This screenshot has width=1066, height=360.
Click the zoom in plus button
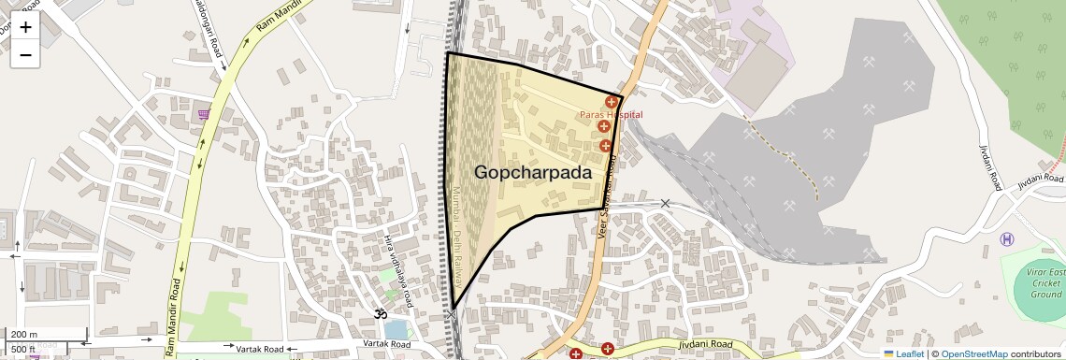click(25, 27)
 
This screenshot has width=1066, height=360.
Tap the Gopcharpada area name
click(533, 173)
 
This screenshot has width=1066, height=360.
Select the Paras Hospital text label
click(611, 114)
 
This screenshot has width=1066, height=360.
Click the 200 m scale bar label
click(25, 335)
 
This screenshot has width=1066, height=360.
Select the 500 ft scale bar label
click(23, 350)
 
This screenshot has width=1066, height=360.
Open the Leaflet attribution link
click(903, 354)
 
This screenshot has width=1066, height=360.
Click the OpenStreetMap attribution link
click(973, 354)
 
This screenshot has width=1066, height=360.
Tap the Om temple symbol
click(381, 314)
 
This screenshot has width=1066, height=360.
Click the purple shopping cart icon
click(204, 114)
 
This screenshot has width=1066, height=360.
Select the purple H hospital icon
click(1006, 240)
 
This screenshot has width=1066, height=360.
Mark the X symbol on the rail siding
click(666, 203)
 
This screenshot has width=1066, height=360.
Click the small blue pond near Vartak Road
click(395, 329)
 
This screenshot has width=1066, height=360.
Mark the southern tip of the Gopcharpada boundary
click(453, 309)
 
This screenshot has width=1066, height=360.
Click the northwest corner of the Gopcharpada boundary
click(447, 53)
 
